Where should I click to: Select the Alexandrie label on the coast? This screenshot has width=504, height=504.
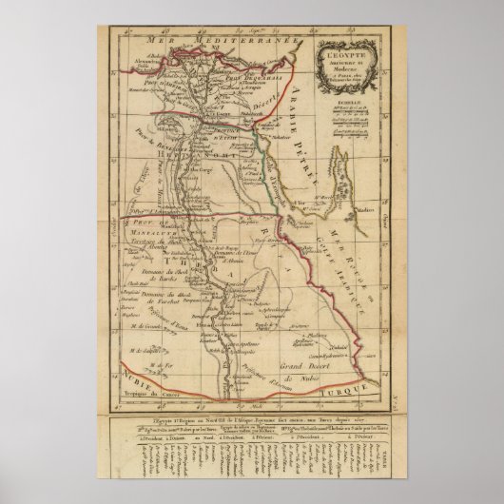128,57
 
